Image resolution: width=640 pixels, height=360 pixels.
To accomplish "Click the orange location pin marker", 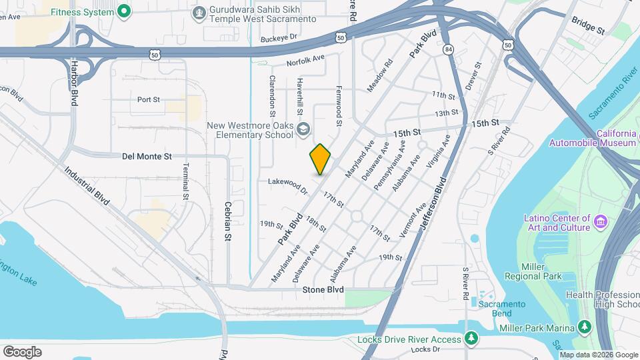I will pyautogui.click(x=320, y=159).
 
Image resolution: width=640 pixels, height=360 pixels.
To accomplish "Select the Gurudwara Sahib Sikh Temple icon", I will pyautogui.click(x=199, y=13).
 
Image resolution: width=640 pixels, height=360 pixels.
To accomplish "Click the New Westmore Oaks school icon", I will pyautogui.click(x=303, y=129).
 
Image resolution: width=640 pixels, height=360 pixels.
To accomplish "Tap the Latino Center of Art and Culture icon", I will pyautogui.click(x=599, y=221).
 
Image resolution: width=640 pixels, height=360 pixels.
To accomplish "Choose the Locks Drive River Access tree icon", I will pyautogui.click(x=471, y=339).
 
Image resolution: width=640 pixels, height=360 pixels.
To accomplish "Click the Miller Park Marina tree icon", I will pyautogui.click(x=585, y=326).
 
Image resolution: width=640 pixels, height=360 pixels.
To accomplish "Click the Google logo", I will pyautogui.click(x=22, y=351).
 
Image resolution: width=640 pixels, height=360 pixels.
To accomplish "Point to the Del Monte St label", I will pyautogui.click(x=147, y=157).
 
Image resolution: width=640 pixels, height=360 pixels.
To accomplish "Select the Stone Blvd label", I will pyautogui.click(x=323, y=290).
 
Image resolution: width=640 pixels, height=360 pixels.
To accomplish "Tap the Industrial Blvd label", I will pyautogui.click(x=87, y=185).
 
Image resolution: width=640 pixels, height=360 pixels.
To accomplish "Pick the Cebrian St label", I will pyautogui.click(x=228, y=221).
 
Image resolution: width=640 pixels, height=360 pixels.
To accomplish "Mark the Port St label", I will pyautogui.click(x=149, y=100).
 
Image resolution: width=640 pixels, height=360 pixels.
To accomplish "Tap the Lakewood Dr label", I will pyautogui.click(x=287, y=185).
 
